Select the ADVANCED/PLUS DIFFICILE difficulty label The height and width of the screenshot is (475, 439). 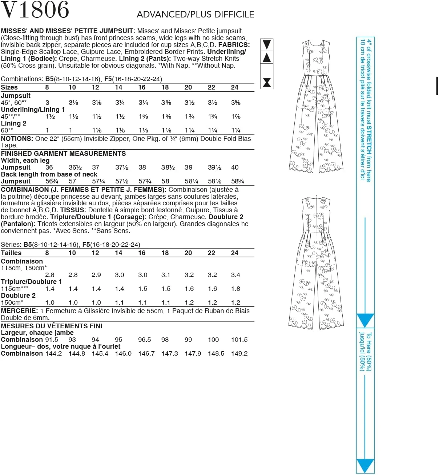[195, 15]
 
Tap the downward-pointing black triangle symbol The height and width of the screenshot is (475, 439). [267, 44]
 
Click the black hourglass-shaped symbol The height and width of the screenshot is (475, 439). [267, 82]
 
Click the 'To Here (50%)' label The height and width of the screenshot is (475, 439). [369, 351]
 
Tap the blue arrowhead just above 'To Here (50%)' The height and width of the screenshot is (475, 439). [365, 320]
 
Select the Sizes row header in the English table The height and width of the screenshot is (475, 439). [9, 87]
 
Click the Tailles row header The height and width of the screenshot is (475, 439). [11, 253]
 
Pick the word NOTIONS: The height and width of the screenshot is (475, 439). [17, 139]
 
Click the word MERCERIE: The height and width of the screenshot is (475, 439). [19, 311]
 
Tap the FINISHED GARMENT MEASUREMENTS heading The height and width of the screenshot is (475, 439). [63, 154]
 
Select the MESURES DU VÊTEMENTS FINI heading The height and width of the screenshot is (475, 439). [52, 326]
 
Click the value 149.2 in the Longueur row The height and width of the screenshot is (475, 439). [239, 353]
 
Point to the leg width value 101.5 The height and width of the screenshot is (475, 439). [239, 340]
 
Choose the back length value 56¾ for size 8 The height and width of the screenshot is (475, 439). [52, 181]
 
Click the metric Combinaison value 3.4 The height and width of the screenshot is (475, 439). [235, 275]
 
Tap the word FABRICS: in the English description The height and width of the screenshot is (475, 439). [234, 45]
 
